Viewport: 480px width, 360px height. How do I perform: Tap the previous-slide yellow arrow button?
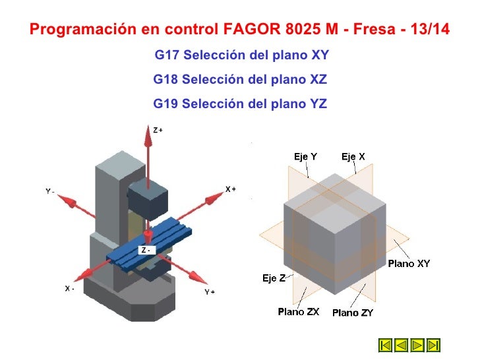pos(402,345)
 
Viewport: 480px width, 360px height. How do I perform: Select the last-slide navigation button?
pos(433,345)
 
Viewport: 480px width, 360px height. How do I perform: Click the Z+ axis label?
pos(158,131)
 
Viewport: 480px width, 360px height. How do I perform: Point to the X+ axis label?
pos(230,189)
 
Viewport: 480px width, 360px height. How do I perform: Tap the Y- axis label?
pos(50,191)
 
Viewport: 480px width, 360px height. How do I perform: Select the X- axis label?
pos(69,289)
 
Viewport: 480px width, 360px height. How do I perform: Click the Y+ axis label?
pos(210,291)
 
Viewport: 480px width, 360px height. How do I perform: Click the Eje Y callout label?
pos(305,156)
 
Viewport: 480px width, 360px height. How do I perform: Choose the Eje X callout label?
pos(353,156)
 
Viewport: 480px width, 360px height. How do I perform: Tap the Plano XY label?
pos(409,264)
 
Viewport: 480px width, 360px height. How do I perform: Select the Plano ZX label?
pos(298,312)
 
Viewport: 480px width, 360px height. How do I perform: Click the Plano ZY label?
pos(352,313)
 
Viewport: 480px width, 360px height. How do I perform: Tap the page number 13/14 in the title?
pos(425,30)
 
